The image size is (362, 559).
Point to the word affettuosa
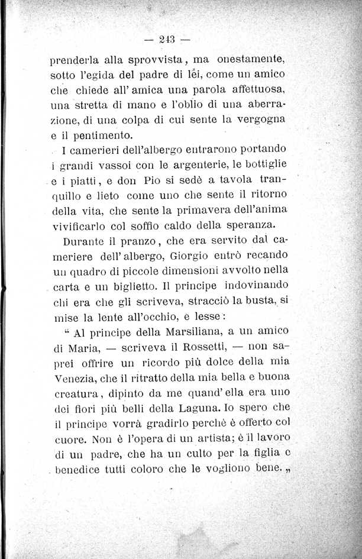[253, 89]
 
